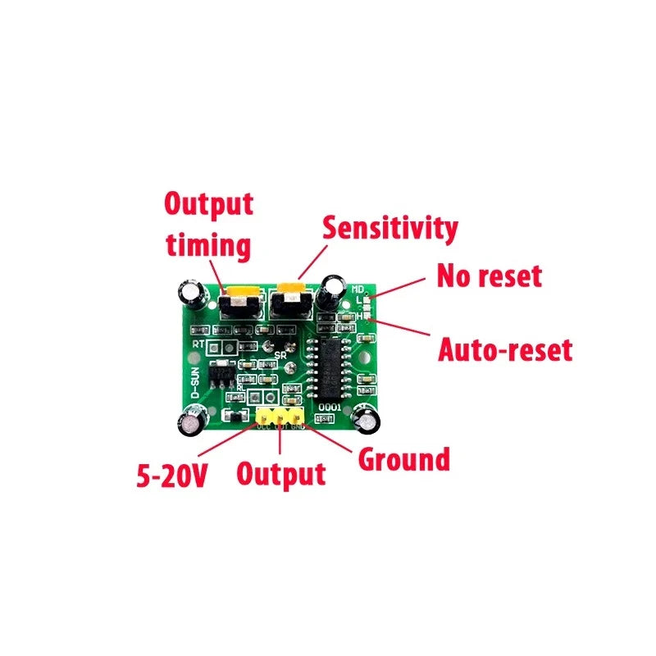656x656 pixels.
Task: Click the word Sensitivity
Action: pyautogui.click(x=389, y=228)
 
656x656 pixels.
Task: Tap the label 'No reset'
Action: pyautogui.click(x=489, y=276)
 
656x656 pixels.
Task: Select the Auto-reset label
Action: pyautogui.click(x=504, y=350)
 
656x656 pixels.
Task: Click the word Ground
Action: pyautogui.click(x=404, y=459)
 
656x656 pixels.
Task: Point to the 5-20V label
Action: pyautogui.click(x=171, y=475)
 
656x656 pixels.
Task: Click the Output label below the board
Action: pyautogui.click(x=280, y=474)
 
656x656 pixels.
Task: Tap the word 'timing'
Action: pyautogui.click(x=207, y=245)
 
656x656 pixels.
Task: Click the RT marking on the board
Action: pyautogui.click(x=198, y=344)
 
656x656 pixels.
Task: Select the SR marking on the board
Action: pyautogui.click(x=280, y=355)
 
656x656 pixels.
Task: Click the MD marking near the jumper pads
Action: pyautogui.click(x=358, y=289)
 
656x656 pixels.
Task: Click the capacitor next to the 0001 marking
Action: pyautogui.click(x=365, y=421)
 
